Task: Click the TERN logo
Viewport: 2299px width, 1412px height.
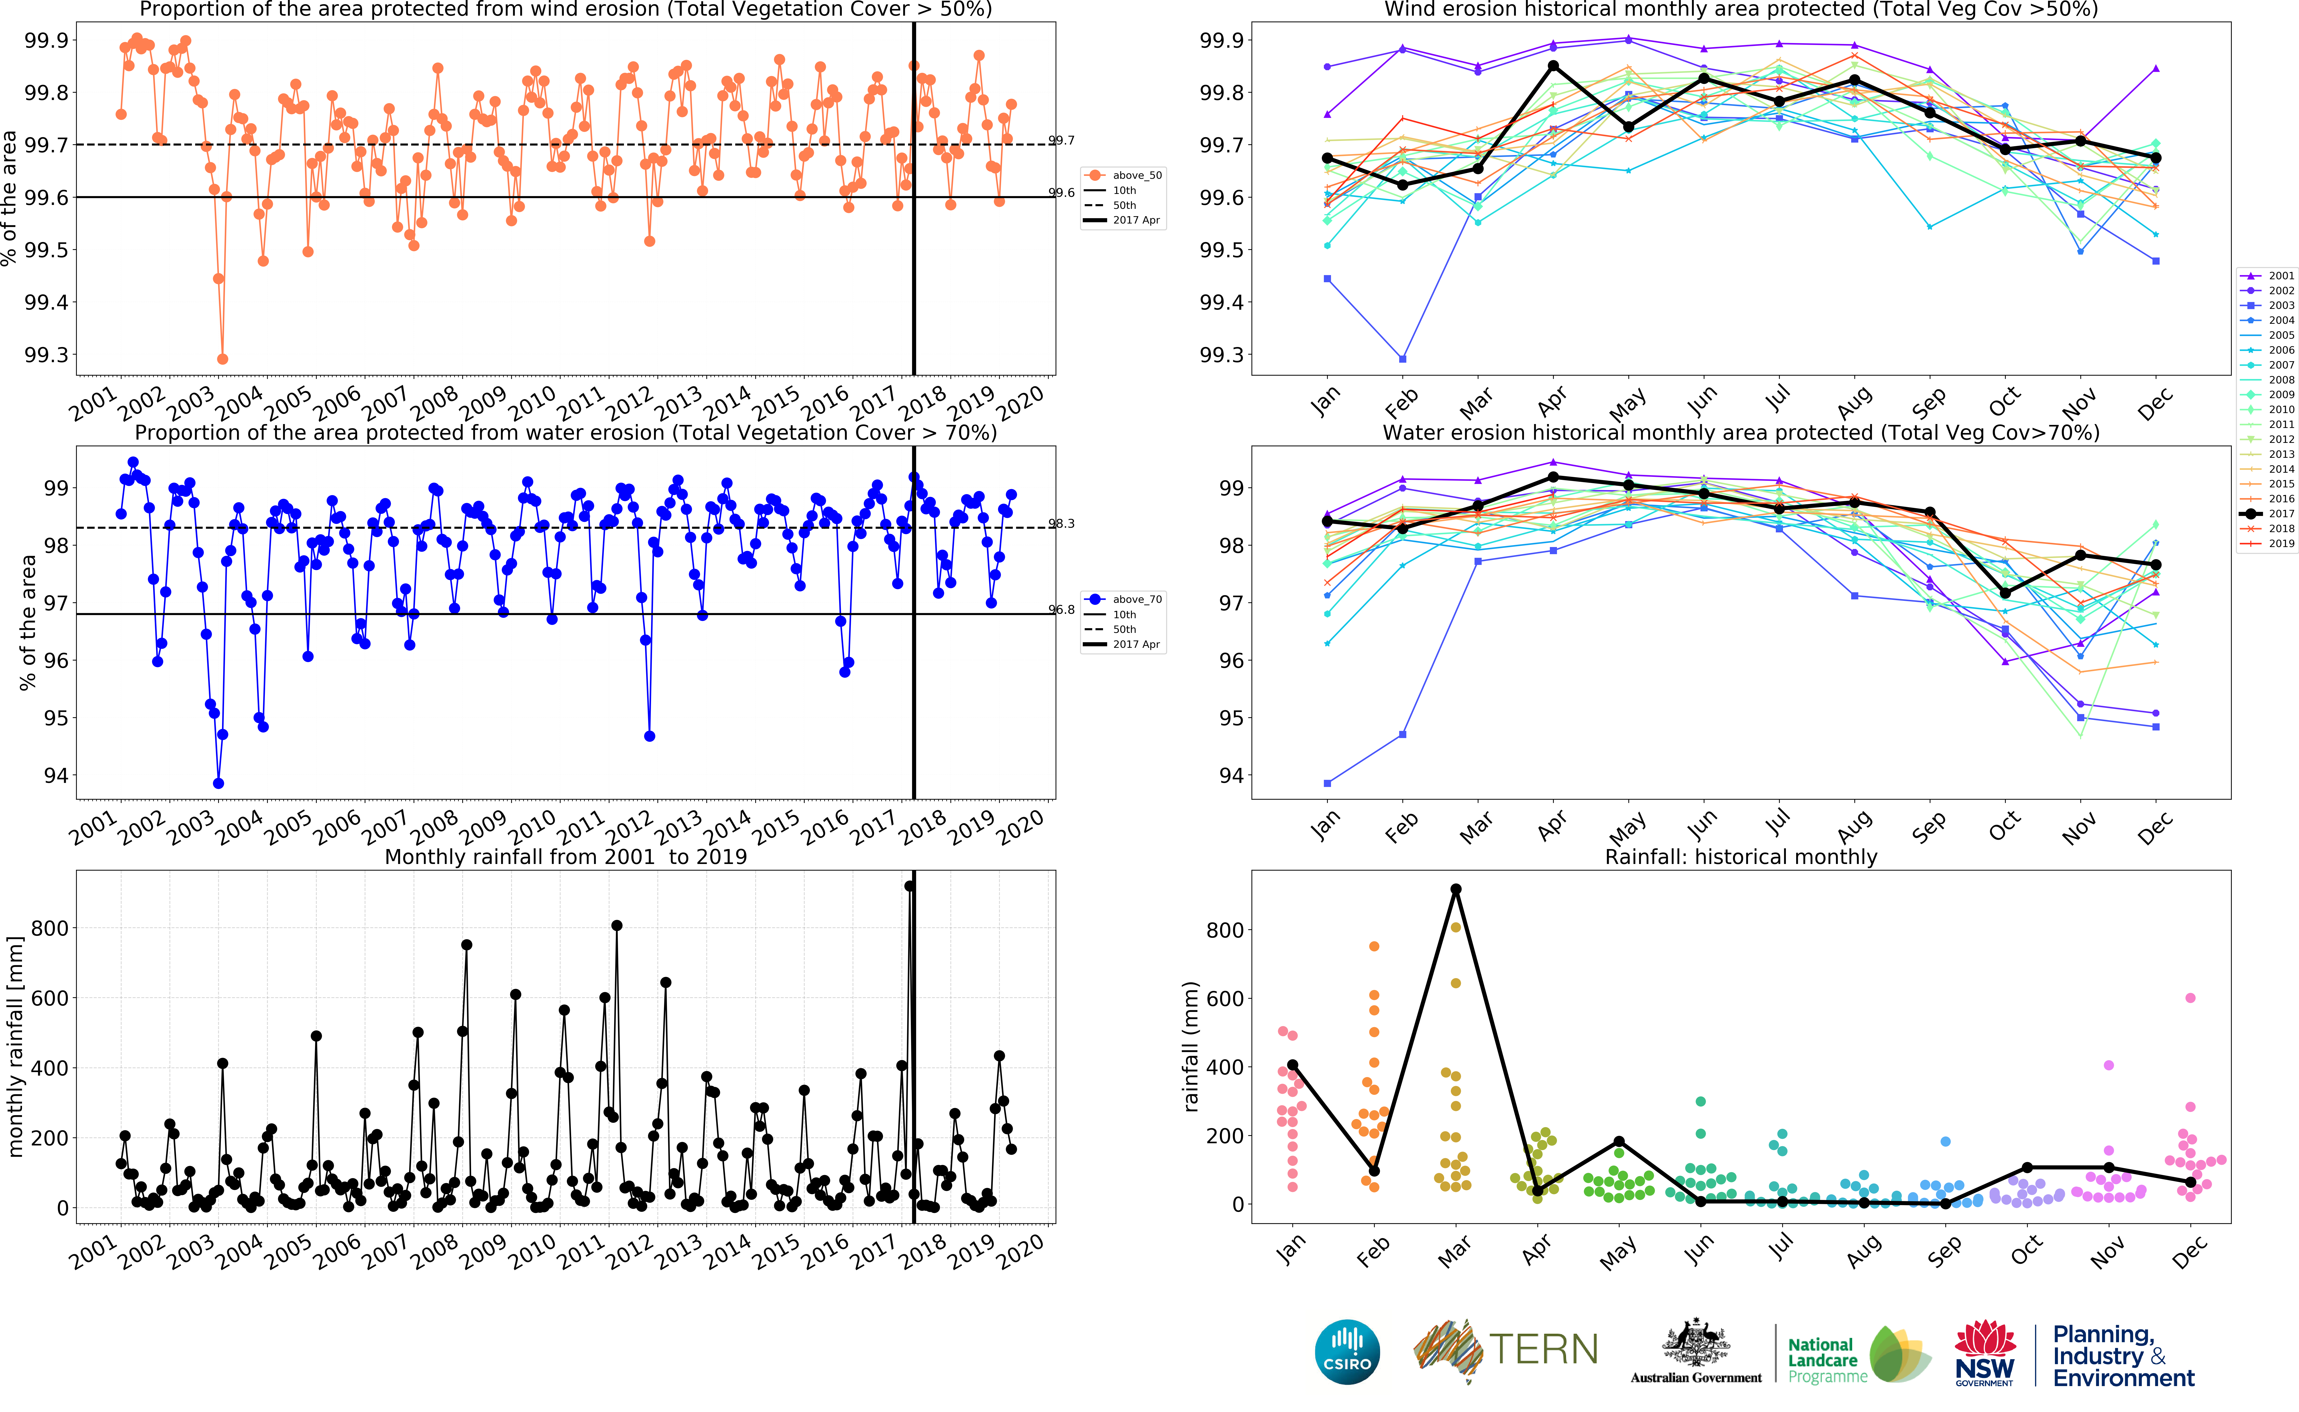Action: (1505, 1350)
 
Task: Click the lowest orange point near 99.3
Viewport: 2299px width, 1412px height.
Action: (222, 359)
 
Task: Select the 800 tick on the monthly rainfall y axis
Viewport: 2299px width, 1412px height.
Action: (49, 928)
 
